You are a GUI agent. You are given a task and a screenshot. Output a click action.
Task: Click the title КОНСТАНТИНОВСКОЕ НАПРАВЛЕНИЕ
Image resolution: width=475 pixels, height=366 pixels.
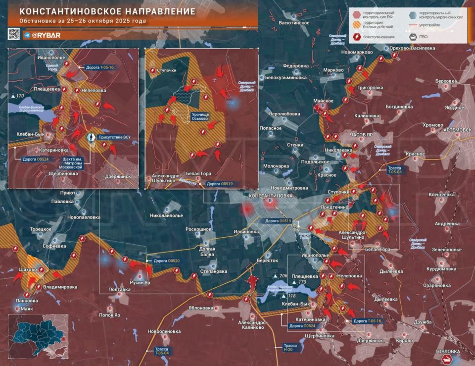(x=104, y=11)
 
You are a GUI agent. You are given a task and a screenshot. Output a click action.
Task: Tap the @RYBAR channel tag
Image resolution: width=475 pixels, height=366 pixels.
(x=47, y=35)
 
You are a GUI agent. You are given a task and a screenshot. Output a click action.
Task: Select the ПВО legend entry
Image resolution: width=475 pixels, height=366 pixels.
(x=421, y=36)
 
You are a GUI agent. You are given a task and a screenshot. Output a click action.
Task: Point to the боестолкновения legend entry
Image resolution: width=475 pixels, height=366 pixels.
(x=374, y=36)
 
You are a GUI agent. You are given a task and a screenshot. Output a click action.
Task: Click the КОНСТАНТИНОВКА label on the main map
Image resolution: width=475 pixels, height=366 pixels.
(x=270, y=196)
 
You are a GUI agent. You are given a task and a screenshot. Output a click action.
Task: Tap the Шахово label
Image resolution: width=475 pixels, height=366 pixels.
(x=27, y=269)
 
